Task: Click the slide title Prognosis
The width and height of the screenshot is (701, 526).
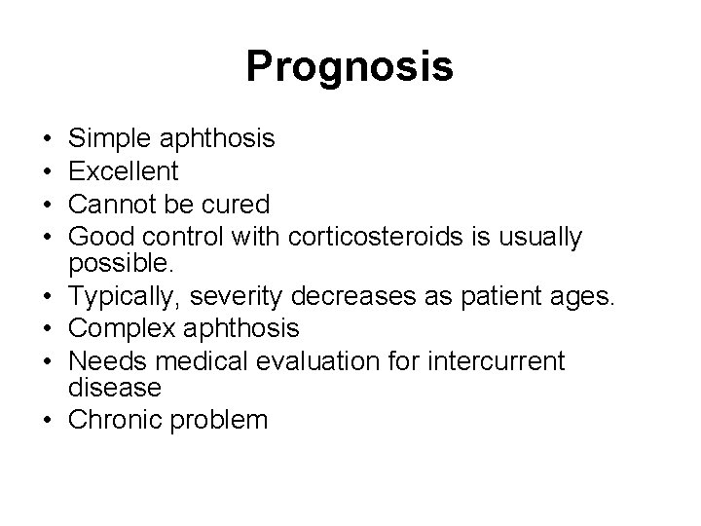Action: [350, 67]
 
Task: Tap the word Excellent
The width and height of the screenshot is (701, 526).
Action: [125, 171]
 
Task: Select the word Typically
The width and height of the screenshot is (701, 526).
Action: [121, 295]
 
